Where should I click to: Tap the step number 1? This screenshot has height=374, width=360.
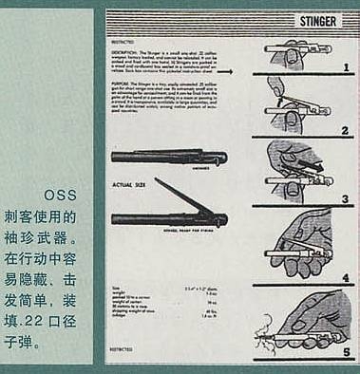click(345, 67)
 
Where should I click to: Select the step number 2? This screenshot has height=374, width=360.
click(345, 129)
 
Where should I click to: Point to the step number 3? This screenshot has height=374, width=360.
click(345, 199)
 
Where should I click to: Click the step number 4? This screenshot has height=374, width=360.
click(345, 278)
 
